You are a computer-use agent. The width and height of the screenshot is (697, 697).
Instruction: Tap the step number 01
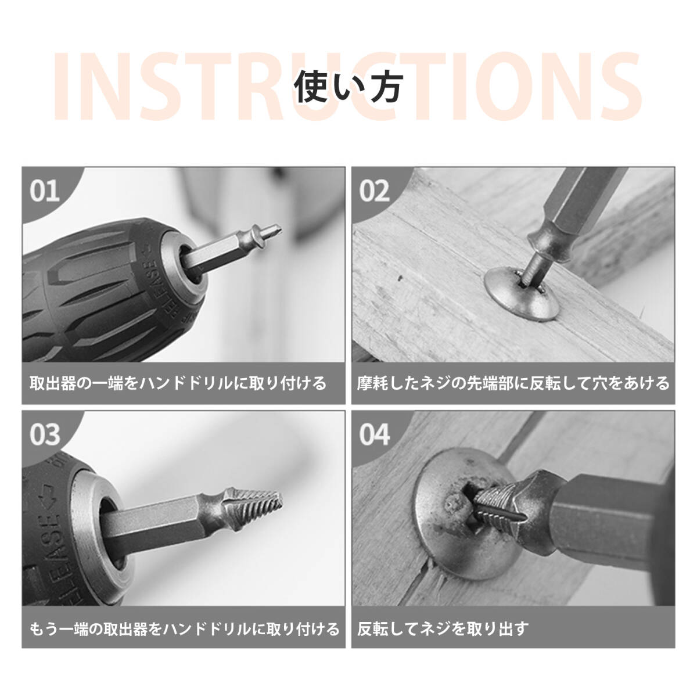[45, 191]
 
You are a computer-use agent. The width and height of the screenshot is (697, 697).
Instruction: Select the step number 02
[375, 191]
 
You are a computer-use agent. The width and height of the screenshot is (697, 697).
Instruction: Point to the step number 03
[45, 435]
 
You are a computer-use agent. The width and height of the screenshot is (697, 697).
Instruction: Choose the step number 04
[375, 435]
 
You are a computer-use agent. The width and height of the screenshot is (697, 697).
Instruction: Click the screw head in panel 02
[522, 293]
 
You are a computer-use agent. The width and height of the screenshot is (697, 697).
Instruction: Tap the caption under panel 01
[178, 383]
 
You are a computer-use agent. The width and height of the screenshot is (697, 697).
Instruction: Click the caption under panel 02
[513, 383]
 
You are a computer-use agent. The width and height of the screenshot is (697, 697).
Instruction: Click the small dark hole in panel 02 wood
[400, 279]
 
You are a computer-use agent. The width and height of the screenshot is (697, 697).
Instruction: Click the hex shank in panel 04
[611, 521]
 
